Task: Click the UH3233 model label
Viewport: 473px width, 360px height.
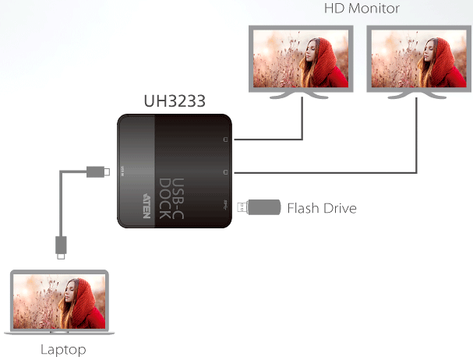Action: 175,101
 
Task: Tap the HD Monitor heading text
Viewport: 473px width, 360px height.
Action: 362,9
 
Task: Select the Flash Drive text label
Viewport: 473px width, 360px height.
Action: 322,208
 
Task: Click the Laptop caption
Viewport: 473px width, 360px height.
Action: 63,350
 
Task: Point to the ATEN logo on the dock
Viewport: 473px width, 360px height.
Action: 146,206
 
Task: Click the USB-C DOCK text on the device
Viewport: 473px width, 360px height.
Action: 171,198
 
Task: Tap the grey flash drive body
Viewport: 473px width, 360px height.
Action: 264,207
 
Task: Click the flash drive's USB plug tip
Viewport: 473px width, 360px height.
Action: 242,207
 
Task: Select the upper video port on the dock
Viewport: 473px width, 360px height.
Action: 225,139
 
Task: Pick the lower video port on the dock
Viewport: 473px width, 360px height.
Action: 225,172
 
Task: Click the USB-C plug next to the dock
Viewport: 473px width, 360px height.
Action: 98,171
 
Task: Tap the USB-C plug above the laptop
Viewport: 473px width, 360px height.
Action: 61,248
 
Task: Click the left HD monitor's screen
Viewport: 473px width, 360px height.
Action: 301,58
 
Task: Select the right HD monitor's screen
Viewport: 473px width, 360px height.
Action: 419,58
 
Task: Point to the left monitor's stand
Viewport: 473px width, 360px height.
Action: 298,95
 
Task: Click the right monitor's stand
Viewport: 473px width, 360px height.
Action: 417,95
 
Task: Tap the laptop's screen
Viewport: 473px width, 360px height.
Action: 59,301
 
